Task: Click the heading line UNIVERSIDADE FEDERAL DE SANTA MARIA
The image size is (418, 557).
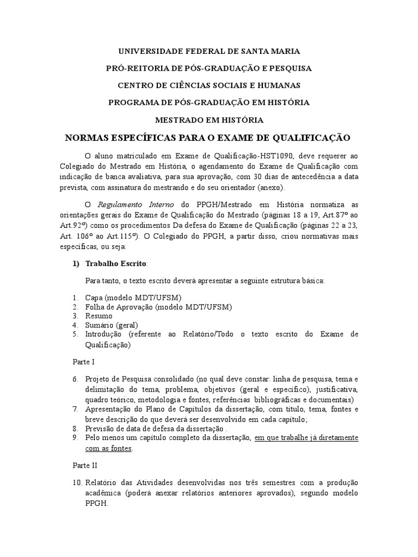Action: click(x=209, y=51)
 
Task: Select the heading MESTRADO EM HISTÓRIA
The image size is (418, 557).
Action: click(x=209, y=120)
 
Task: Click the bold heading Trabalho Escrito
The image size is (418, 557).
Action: click(x=115, y=264)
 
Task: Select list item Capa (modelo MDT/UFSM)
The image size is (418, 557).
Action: click(x=133, y=298)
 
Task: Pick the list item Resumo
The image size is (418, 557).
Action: click(x=99, y=315)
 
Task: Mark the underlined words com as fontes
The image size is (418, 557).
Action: click(x=108, y=449)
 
